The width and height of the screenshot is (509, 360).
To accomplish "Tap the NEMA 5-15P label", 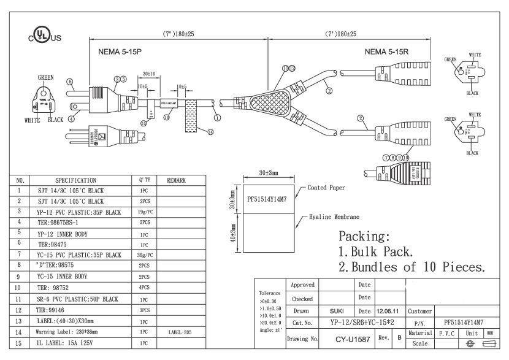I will (x=120, y=52).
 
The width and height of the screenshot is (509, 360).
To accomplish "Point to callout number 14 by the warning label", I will (x=210, y=131).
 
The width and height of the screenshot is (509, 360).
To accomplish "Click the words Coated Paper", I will (x=326, y=188).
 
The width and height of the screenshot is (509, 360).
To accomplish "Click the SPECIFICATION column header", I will (x=75, y=181).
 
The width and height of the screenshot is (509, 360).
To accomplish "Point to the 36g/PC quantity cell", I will (x=145, y=255).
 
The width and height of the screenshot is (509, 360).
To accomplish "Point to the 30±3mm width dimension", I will (x=268, y=173).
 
